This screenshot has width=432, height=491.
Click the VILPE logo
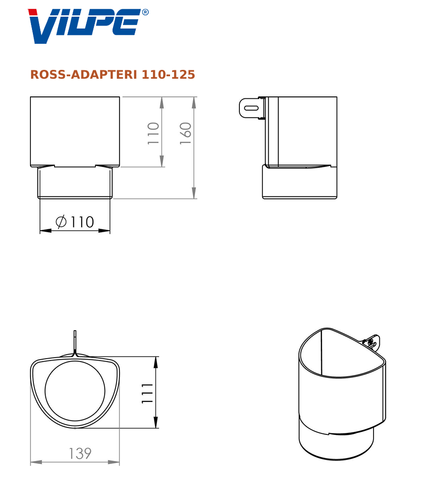[x=84, y=26]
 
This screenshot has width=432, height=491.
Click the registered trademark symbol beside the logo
[x=145, y=12]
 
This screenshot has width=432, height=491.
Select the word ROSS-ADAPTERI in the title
[x=84, y=75]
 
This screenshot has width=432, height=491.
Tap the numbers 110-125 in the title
[x=168, y=75]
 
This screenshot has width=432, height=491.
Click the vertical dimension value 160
[x=185, y=133]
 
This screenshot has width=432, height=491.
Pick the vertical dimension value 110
[x=153, y=133]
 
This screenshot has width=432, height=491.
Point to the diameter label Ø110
[x=75, y=222]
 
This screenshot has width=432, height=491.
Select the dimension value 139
[x=80, y=453]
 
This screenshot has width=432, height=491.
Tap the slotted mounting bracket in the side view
[x=252, y=108]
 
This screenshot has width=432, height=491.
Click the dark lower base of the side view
[x=300, y=183]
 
